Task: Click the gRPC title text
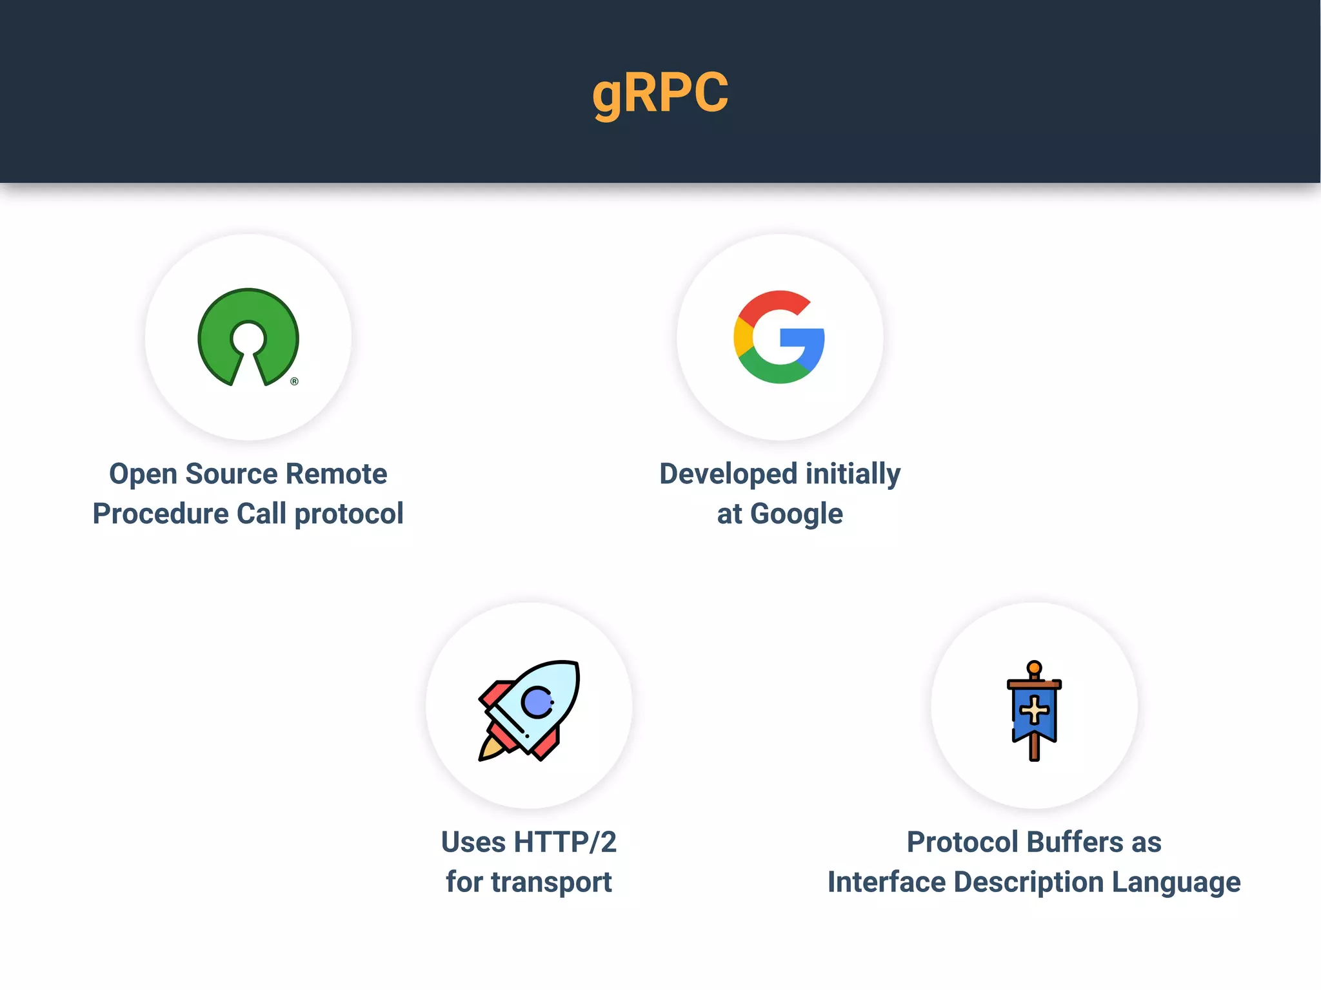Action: (x=660, y=93)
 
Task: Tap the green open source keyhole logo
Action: (x=248, y=335)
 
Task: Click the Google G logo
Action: (x=779, y=337)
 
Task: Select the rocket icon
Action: (x=530, y=709)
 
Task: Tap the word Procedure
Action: (x=161, y=514)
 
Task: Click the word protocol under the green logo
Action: (x=349, y=514)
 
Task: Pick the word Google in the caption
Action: (x=797, y=514)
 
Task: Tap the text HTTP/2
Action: (x=565, y=842)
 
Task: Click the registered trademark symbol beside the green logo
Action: (x=294, y=382)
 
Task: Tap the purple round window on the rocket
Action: (x=537, y=702)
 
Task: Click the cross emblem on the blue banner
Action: (x=1035, y=710)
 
